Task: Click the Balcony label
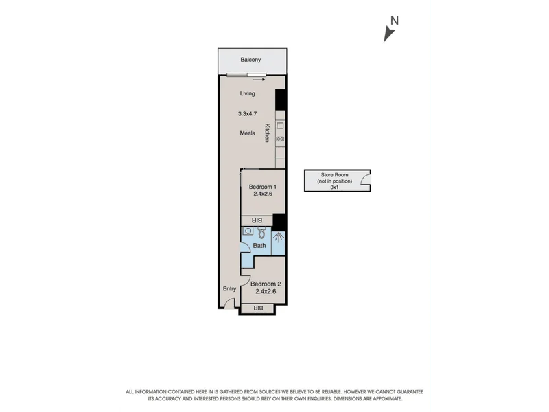click(x=250, y=60)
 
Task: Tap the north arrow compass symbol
click(x=390, y=31)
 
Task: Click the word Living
click(x=247, y=93)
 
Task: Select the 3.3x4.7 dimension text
click(x=247, y=113)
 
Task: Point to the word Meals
click(x=247, y=133)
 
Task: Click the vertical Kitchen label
click(x=268, y=133)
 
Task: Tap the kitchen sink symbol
click(x=280, y=126)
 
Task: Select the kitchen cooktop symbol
click(x=280, y=139)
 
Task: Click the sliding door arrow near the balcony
click(x=259, y=79)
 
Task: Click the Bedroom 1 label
click(x=262, y=187)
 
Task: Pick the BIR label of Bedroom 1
click(x=257, y=220)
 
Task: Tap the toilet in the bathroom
click(x=261, y=233)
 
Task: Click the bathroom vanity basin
click(x=248, y=231)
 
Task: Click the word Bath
click(x=259, y=245)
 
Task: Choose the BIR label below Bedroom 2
click(x=257, y=308)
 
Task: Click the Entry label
click(x=229, y=288)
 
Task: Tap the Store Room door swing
click(x=365, y=183)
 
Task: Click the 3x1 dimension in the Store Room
click(x=334, y=186)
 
